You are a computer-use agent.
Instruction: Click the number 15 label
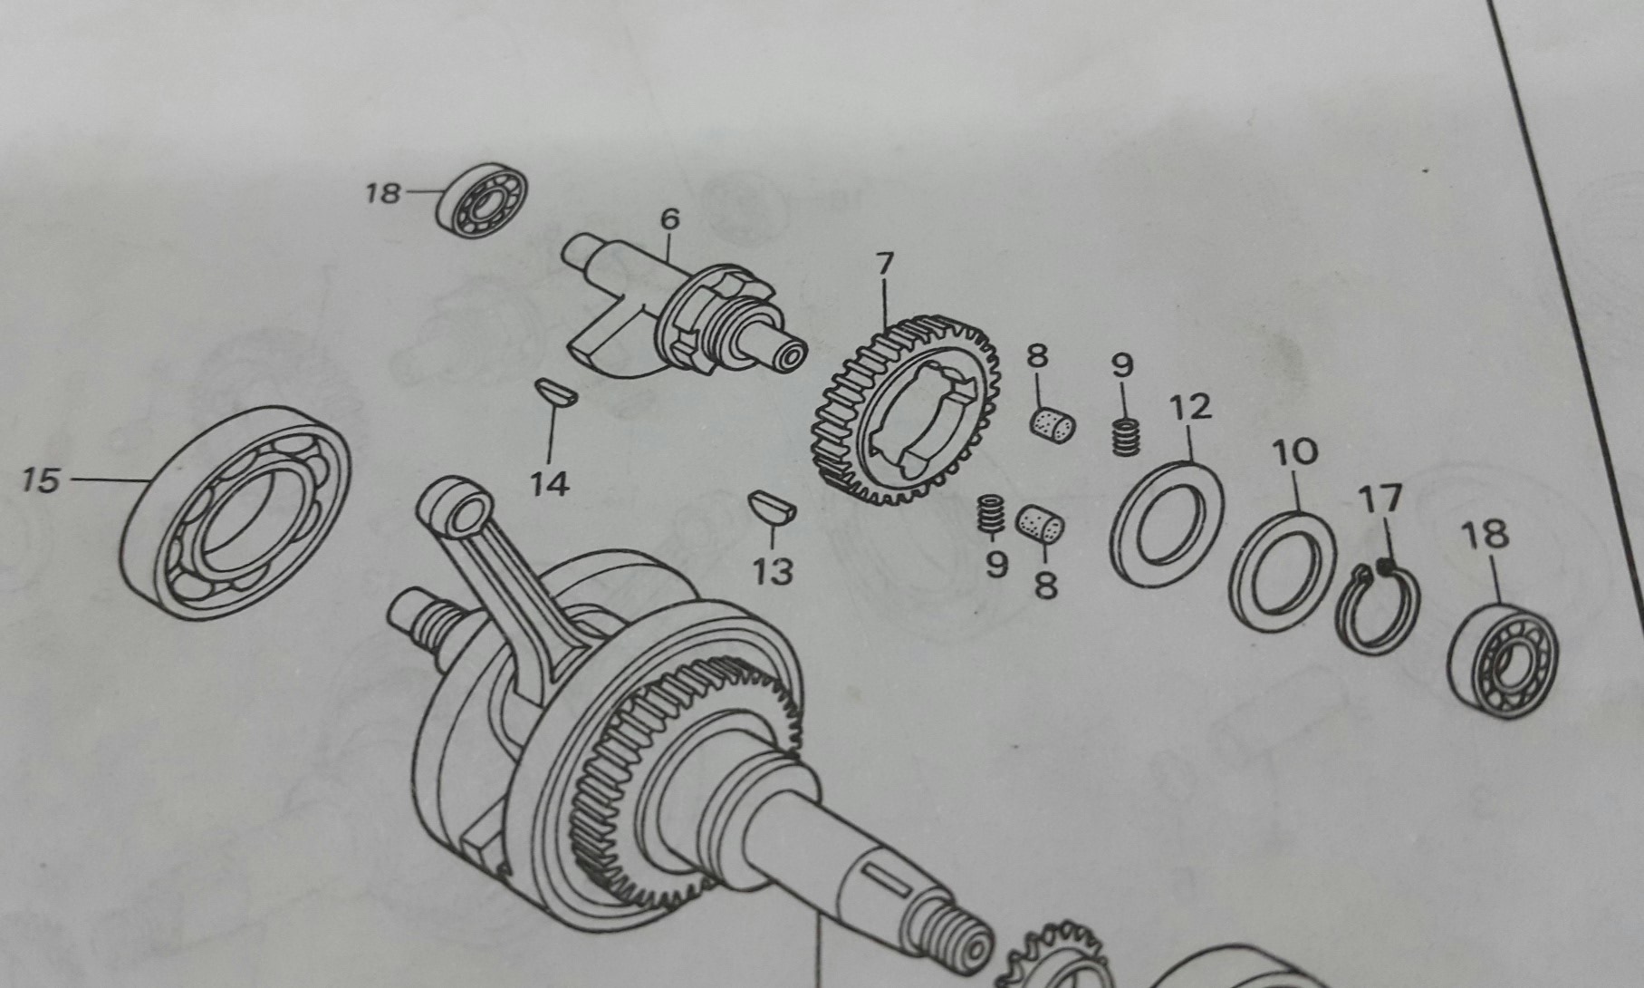point(40,479)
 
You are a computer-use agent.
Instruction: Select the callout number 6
point(669,219)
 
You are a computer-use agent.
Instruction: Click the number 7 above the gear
point(884,265)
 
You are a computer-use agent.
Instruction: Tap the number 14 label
point(550,484)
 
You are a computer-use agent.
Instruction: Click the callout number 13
point(773,571)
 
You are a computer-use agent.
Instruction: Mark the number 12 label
point(1190,407)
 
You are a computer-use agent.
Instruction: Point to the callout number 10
point(1294,451)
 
